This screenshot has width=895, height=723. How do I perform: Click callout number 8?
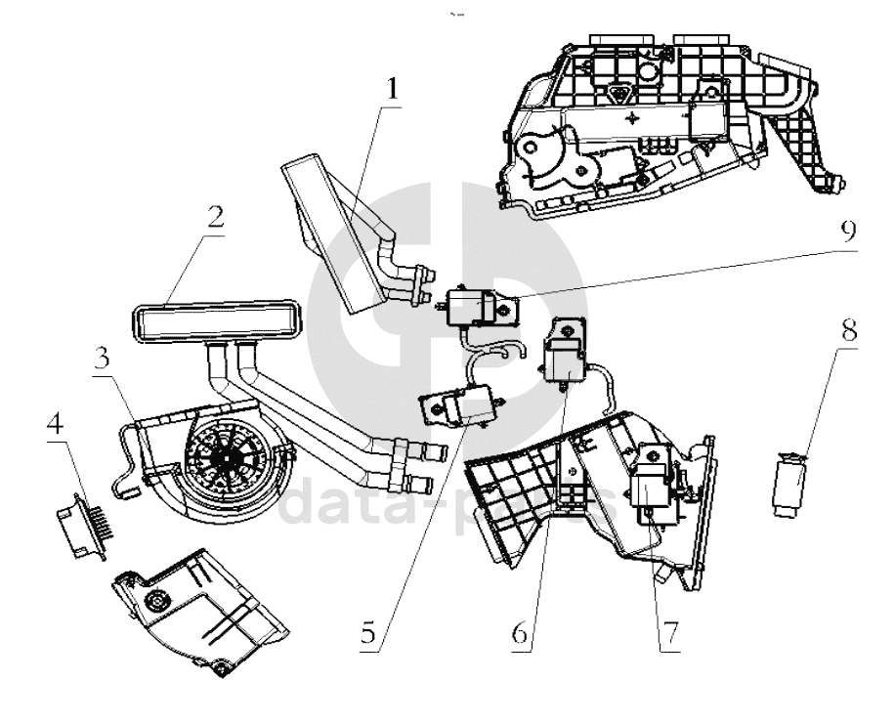[849, 329]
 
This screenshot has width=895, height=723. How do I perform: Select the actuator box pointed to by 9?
[467, 307]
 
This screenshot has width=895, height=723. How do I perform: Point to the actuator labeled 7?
[651, 480]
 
